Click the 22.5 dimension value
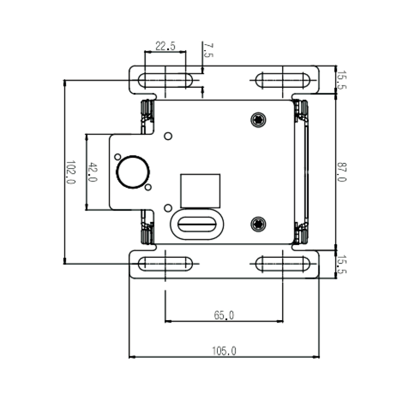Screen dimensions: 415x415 pyautogui.click(x=165, y=46)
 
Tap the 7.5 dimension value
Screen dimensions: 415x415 pyautogui.click(x=208, y=50)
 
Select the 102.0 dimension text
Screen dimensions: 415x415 pyautogui.click(x=71, y=172)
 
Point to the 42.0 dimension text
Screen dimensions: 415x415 pyautogui.click(x=92, y=172)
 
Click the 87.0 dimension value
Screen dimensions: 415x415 pyautogui.click(x=341, y=172)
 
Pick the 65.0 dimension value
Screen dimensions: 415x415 pyautogui.click(x=224, y=315)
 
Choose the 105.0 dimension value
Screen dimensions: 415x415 pyautogui.click(x=224, y=351)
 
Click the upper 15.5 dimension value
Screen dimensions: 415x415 pyautogui.click(x=341, y=80)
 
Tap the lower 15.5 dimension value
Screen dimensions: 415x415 pyautogui.click(x=341, y=264)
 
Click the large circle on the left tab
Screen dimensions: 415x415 pyautogui.click(x=133, y=172)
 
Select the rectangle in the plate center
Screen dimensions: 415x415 pyautogui.click(x=200, y=191)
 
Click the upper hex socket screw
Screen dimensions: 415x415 pyautogui.click(x=258, y=120)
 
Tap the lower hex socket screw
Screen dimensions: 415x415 pyautogui.click(x=258, y=224)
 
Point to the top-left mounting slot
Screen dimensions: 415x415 pyautogui.click(x=165, y=80)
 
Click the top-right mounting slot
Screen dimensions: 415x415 pyautogui.click(x=283, y=80)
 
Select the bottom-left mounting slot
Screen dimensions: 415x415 pyautogui.click(x=165, y=264)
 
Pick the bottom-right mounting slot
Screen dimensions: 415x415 pyautogui.click(x=283, y=264)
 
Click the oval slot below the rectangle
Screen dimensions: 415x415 pyautogui.click(x=197, y=225)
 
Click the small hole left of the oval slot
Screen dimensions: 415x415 pyautogui.click(x=168, y=208)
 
